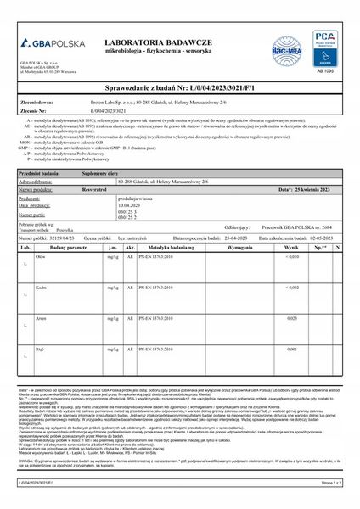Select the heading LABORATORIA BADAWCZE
click(x=171, y=41)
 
